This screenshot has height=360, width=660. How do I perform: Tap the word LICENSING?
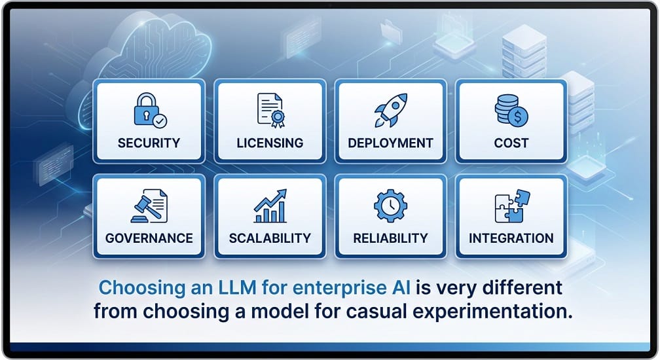[270, 143]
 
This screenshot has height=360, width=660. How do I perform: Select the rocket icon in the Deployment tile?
[391, 110]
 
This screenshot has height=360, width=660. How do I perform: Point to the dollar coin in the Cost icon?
[518, 116]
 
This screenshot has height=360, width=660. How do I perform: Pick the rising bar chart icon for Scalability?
[270, 206]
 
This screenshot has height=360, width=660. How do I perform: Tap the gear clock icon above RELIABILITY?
[391, 206]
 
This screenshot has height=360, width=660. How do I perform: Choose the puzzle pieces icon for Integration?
[512, 206]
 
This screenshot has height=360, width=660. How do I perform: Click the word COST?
[511, 143]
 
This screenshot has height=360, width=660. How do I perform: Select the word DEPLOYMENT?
[391, 143]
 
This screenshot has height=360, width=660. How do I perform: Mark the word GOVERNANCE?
[149, 238]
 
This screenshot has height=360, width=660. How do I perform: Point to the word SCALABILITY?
[270, 238]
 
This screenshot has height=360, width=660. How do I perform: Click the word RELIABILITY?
[390, 238]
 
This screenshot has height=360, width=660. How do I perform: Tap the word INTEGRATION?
[511, 238]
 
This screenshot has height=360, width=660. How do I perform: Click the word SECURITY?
[149, 143]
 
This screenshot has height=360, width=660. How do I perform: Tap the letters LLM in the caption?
[237, 287]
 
